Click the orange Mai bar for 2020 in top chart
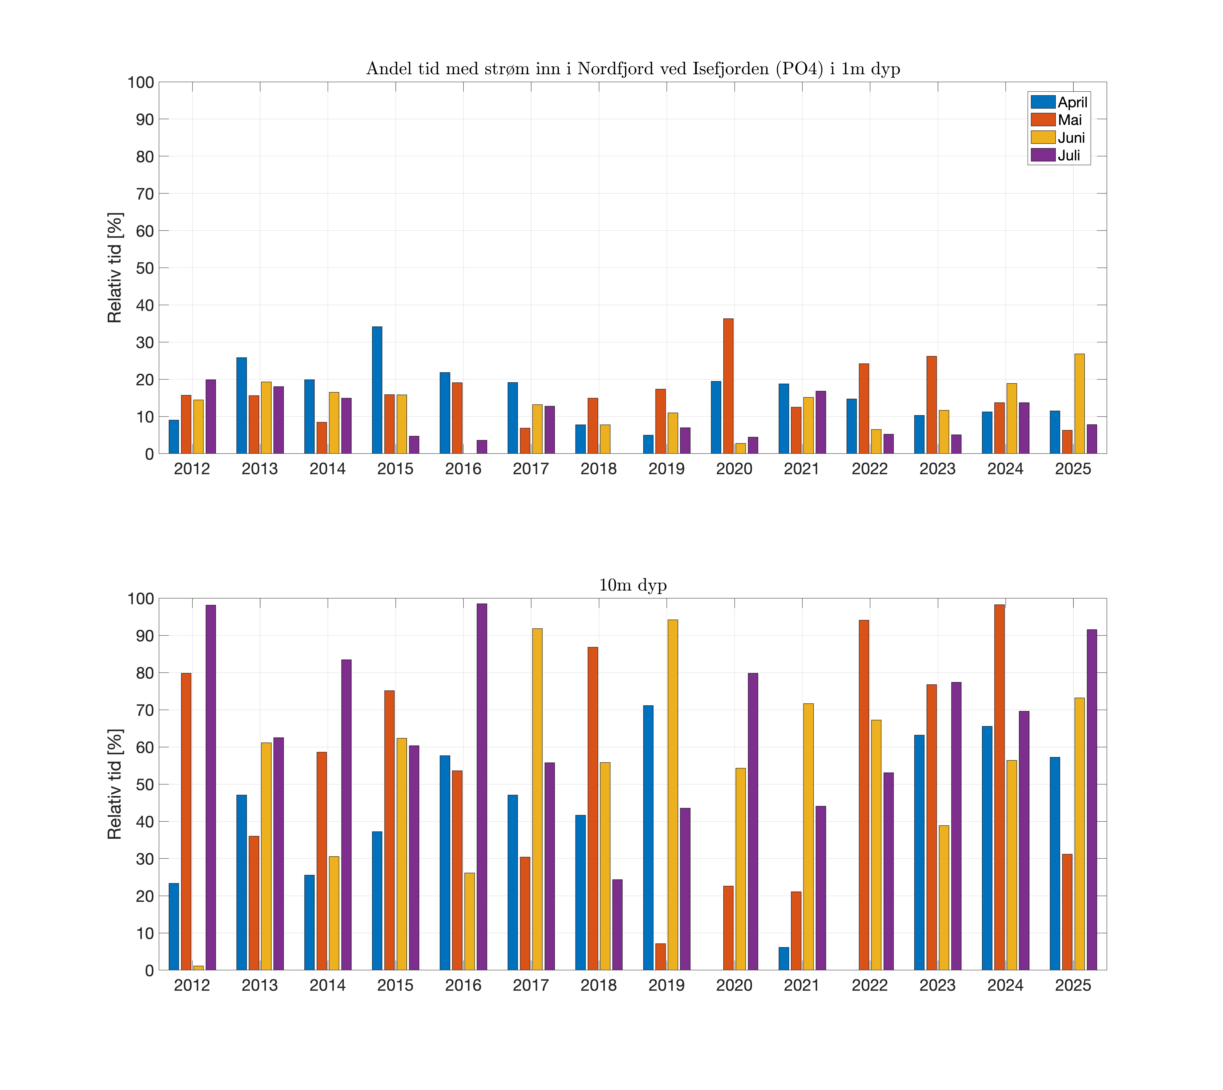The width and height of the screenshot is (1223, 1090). (x=728, y=386)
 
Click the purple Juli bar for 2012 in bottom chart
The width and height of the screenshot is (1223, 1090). (x=211, y=787)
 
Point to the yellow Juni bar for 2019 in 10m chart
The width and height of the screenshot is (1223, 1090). (x=673, y=795)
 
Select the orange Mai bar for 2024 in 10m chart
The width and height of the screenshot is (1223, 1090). (x=999, y=787)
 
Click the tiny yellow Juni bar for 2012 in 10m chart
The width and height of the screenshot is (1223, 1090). (x=198, y=967)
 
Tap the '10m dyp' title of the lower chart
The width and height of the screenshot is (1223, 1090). (x=633, y=585)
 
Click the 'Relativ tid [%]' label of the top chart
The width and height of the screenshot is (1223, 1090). (x=114, y=268)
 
